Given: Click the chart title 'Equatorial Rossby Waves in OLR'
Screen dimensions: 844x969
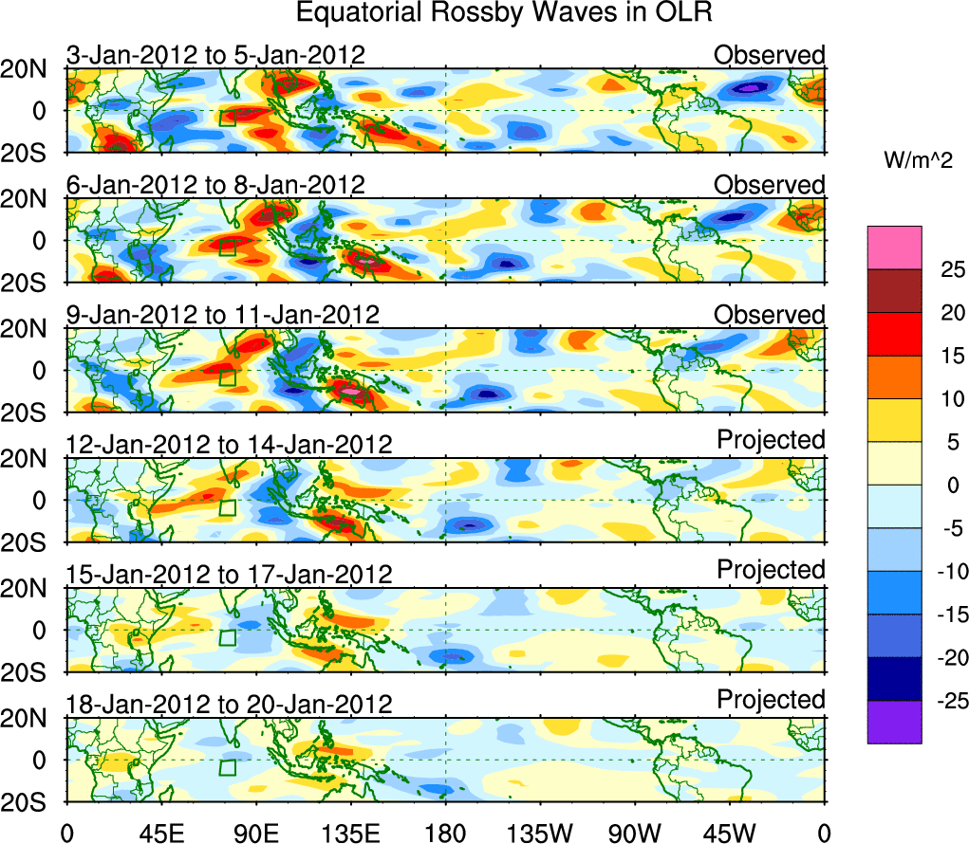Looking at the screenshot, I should click(504, 13).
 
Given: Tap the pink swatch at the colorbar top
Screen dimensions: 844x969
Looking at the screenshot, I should click(894, 248).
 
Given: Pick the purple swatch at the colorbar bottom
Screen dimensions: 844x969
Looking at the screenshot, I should click(894, 722).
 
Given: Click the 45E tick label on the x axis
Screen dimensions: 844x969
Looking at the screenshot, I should click(160, 832).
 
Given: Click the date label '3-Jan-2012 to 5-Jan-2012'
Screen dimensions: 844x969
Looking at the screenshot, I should click(215, 55).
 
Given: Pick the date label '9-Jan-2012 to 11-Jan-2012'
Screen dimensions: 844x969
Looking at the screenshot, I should click(223, 314).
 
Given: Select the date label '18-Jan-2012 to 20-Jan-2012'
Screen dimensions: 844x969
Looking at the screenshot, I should click(229, 704).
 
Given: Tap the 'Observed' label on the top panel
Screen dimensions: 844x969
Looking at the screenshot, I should click(770, 55).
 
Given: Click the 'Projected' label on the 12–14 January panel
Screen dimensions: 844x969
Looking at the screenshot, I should click(771, 440).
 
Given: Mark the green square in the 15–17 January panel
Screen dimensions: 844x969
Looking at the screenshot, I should click(227, 637).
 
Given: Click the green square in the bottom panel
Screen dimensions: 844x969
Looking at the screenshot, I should click(227, 767).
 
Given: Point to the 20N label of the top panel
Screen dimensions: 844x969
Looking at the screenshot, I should click(30, 68).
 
